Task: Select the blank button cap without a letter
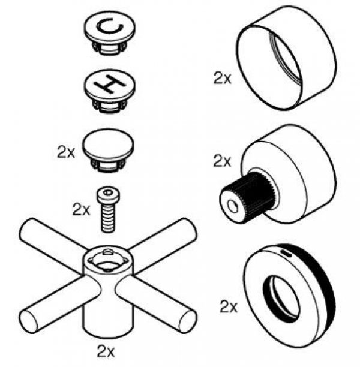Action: coord(108,147)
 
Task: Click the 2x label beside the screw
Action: coord(80,210)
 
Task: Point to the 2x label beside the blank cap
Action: coord(66,152)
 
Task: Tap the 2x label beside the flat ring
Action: coord(229,308)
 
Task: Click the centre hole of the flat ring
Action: coord(284,296)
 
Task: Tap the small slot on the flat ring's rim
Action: coord(287,254)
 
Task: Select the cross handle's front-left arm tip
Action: coord(31,315)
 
